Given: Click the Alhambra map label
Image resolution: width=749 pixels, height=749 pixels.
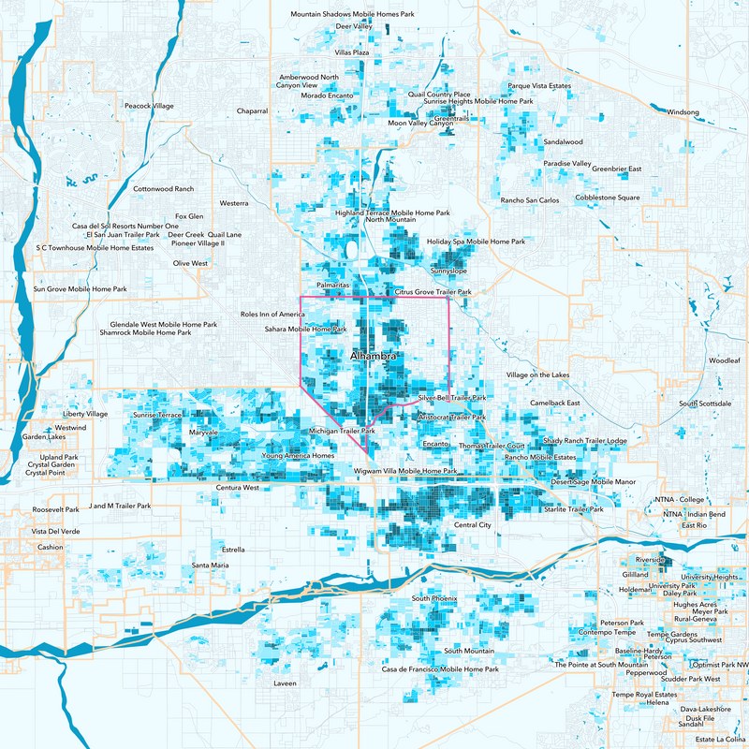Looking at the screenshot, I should pos(374,357).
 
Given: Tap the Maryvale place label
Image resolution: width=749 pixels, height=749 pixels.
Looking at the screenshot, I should pos(203,433).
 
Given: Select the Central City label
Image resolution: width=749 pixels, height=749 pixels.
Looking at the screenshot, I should pos(472,525).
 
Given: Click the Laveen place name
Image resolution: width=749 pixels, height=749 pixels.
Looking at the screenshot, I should pos(285,683).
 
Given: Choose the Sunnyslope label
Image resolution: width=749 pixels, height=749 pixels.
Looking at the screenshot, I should pos(448,271).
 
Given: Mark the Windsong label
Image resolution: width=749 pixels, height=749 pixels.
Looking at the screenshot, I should pos(683,112).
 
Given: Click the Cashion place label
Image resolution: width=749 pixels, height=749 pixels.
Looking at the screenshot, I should pos(51,547).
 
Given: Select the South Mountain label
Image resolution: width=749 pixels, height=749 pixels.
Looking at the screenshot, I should pos(469,651).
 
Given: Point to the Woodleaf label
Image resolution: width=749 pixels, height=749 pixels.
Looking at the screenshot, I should pos(724,360).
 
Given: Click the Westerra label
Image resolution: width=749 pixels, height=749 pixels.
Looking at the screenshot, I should pos(233,203).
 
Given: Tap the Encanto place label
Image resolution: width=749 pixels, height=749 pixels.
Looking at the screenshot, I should pos(436,443).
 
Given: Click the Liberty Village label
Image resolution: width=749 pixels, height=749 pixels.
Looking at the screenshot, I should pos(86,414).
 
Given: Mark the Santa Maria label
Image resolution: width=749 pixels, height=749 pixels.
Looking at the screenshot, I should pos(210,565).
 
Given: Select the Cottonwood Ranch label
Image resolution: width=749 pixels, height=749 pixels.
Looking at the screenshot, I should pos(164,189).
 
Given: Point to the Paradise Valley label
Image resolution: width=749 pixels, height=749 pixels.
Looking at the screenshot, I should pos(568,164).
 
